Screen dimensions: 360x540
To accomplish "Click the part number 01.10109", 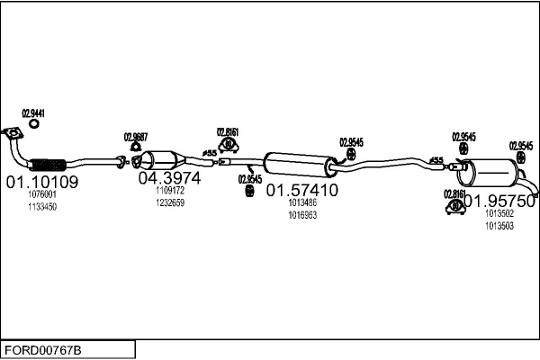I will coord(42,182).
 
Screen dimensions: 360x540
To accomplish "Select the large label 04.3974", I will coord(169,178).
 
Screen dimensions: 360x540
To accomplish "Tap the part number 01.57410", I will coord(301,191).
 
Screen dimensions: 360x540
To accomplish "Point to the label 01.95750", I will coord(499,201).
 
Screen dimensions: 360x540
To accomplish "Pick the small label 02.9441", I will coord(32,113).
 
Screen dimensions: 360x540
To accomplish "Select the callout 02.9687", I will coord(135,137).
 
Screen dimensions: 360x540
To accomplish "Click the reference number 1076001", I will coord(42,194).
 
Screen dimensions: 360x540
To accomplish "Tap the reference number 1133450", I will coord(42,207).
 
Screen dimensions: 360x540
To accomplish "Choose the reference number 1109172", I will coord(169,191).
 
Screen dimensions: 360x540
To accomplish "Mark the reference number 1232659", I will coord(169,203).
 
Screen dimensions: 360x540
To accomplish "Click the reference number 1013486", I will coord(302,203).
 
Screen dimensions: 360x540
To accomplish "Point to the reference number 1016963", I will coord(302,216).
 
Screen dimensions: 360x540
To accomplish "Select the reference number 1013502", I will coord(499,214).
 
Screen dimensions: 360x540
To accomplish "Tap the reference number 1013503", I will coord(499,227).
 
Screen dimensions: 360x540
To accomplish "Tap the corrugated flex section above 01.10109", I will coord(49,165).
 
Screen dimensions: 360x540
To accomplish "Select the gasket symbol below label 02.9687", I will coord(135,148).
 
